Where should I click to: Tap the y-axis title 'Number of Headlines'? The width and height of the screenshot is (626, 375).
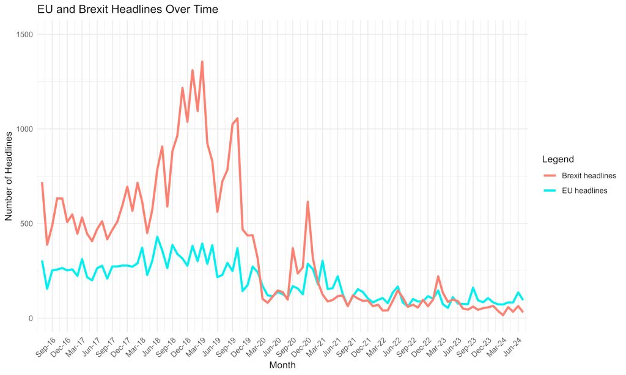click(x=9, y=176)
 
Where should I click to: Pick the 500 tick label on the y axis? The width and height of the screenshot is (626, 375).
click(x=28, y=224)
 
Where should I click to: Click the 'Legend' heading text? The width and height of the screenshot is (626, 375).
click(x=558, y=159)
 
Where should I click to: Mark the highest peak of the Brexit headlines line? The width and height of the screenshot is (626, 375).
click(x=202, y=62)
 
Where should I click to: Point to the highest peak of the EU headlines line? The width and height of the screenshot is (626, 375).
click(x=157, y=236)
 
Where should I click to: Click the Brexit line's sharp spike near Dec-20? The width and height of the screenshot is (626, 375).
click(x=307, y=202)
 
